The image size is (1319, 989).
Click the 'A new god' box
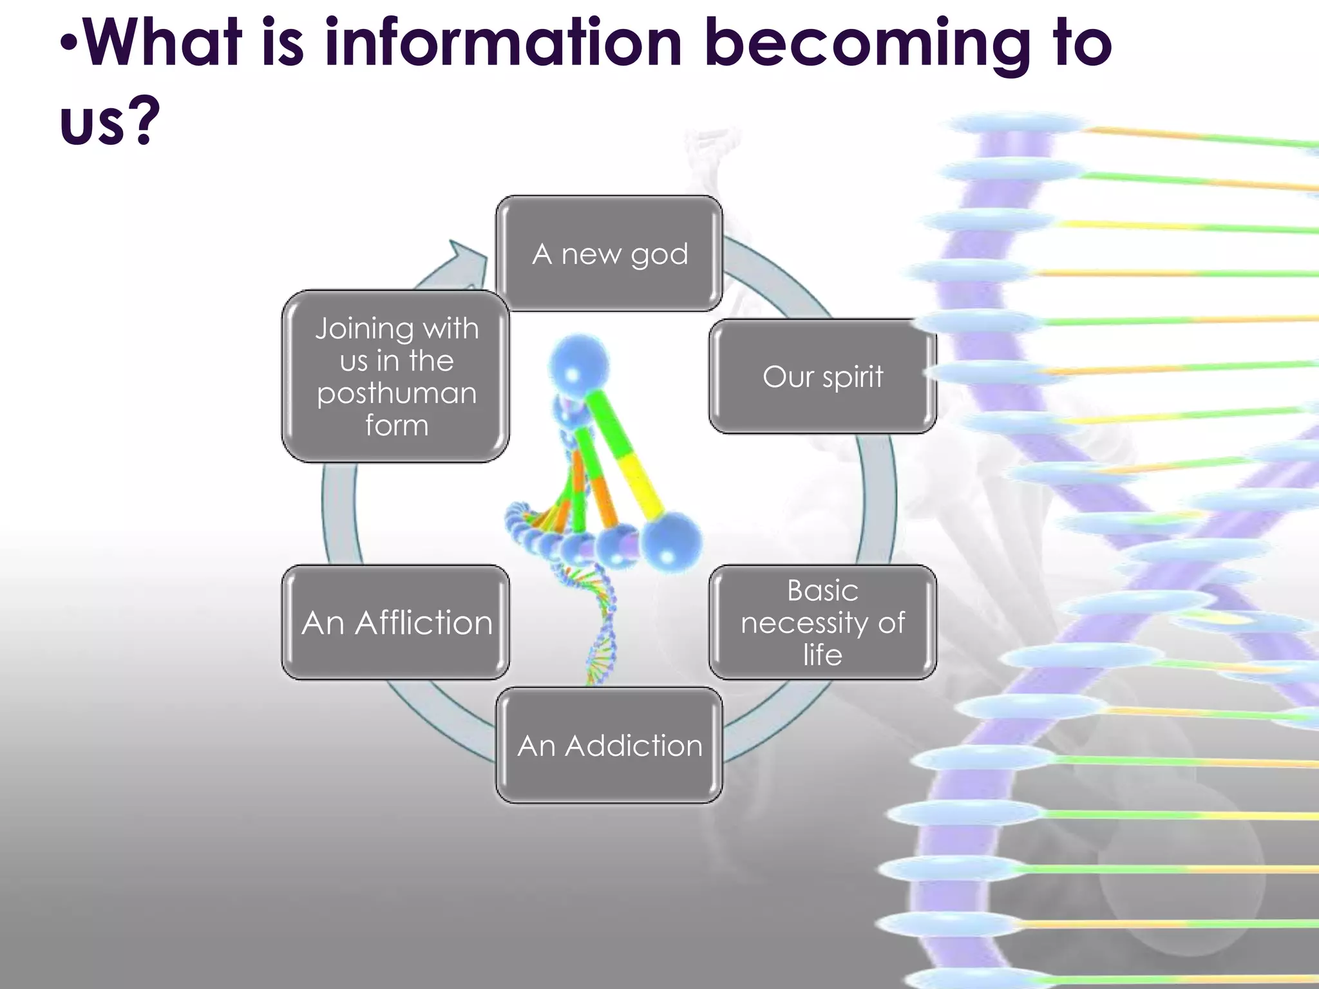[609, 254]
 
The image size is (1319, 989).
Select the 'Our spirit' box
[822, 377]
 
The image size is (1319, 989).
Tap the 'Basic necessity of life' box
[822, 622]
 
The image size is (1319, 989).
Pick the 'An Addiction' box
[609, 745]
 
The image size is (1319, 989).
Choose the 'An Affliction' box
[395, 622]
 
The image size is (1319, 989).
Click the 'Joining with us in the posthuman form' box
[395, 377]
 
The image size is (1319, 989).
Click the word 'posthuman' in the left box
[397, 393]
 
